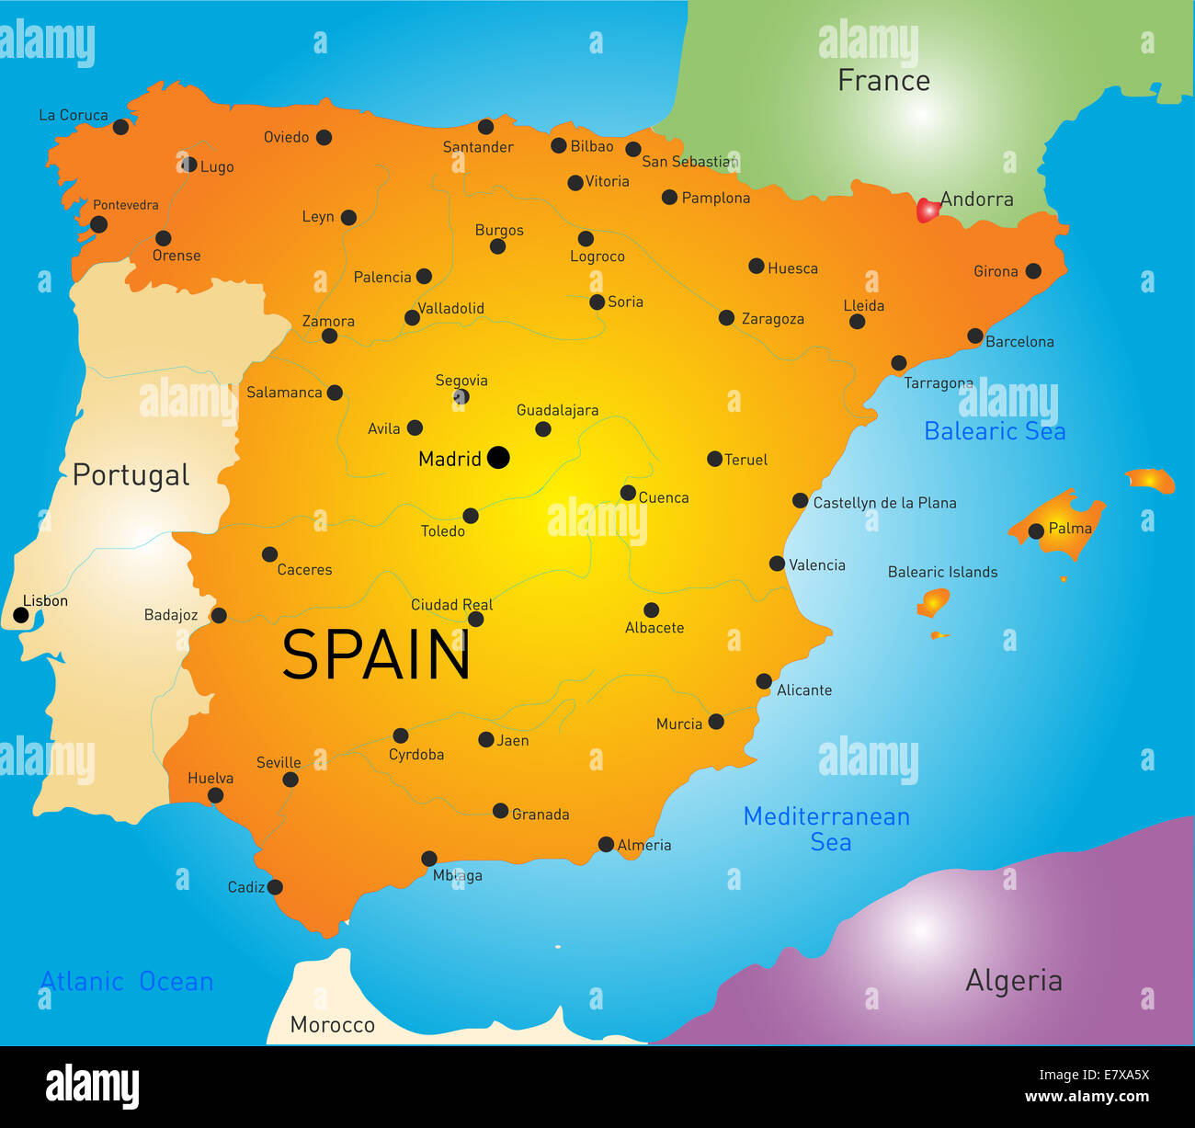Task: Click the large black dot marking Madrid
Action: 498,457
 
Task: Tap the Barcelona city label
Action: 1019,342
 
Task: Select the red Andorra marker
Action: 928,211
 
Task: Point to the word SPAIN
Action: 376,655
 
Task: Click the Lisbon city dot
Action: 21,615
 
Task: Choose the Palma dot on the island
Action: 1036,530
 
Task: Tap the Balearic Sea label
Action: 995,431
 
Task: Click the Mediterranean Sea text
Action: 826,828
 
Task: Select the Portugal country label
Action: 131,475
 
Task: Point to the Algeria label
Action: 1013,981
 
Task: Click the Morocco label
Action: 332,1024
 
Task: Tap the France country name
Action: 883,81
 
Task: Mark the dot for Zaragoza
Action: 726,318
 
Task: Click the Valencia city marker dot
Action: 777,564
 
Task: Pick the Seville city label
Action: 279,763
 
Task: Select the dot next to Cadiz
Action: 275,887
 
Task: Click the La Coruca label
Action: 74,115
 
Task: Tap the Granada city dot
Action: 500,811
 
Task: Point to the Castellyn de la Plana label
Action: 884,503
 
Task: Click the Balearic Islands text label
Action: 942,572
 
